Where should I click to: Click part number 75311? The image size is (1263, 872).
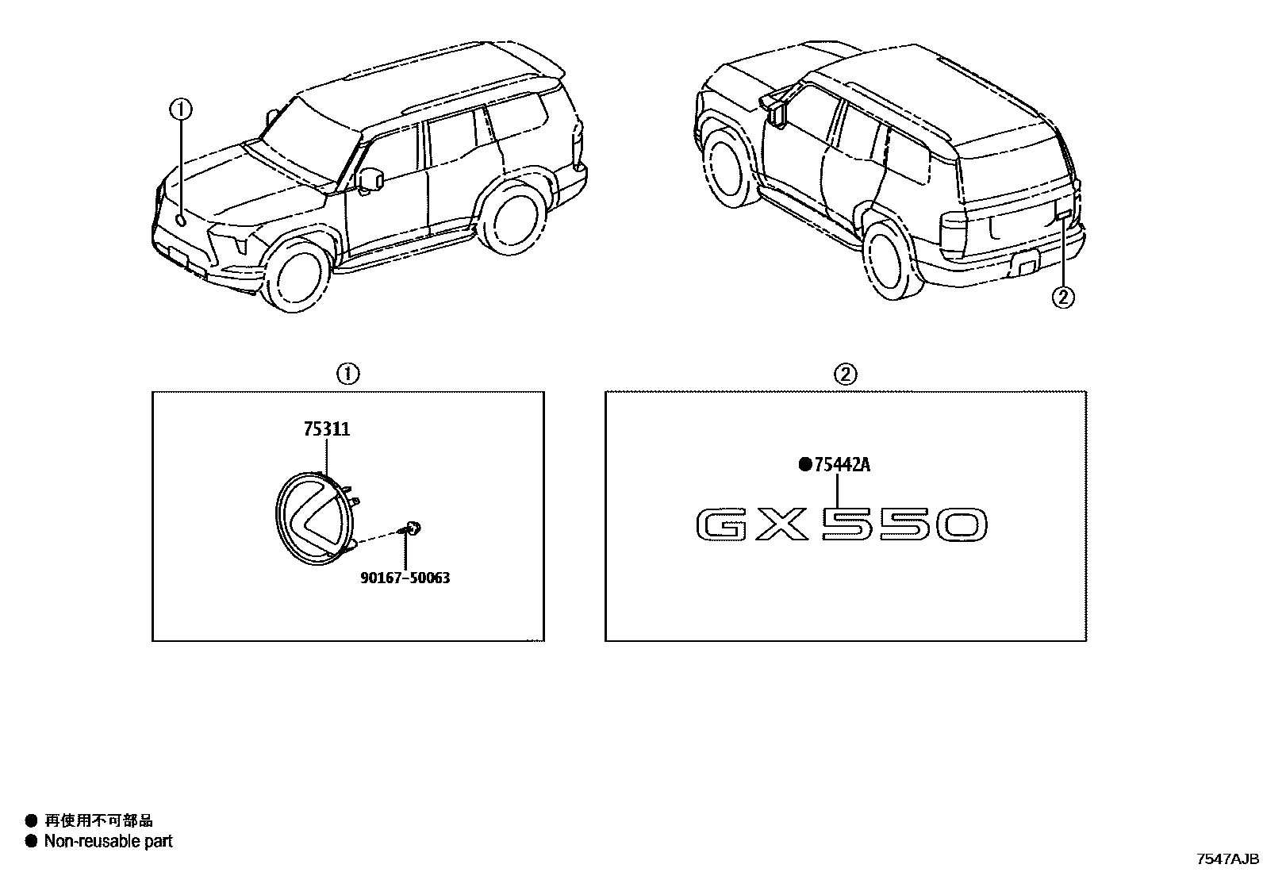point(327,429)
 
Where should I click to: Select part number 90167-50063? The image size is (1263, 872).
point(405,578)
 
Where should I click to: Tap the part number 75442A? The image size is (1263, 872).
point(842,464)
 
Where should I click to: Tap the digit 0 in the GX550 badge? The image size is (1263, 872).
point(961,525)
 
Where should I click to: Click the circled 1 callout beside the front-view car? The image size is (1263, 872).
point(181,109)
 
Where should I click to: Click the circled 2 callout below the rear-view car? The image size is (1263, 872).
point(1063,298)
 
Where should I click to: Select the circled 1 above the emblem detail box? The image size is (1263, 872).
point(348,374)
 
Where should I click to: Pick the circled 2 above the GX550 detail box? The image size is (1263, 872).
point(845,374)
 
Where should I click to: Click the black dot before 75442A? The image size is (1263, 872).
point(805,464)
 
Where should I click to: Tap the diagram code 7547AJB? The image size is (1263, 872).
point(1227,859)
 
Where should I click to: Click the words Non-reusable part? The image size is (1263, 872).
point(108,841)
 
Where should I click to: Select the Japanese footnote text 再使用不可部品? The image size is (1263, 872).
point(98,820)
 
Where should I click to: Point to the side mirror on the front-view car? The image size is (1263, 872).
point(370,180)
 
